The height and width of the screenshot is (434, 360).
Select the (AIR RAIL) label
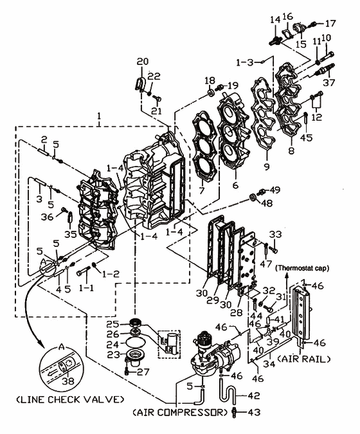coord(304,359)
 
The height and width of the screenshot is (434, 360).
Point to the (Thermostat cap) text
coord(303,268)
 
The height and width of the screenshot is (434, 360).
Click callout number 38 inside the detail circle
coord(68,381)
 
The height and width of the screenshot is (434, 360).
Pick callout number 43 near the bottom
coord(254,412)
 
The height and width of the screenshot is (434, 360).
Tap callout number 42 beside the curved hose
coord(253,395)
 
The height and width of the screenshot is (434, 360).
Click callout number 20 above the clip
coord(143,62)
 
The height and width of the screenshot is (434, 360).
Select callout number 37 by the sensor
coord(329,82)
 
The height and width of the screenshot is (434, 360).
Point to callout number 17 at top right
coord(330,24)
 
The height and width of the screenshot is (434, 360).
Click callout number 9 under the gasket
coord(266,167)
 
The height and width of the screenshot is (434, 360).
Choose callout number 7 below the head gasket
coord(201,190)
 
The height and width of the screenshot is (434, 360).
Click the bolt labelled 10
coord(327,57)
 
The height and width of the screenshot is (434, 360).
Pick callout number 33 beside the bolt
coord(275,235)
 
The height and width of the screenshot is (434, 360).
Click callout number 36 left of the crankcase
coord(47,217)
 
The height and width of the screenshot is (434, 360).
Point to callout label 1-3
coord(245,62)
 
